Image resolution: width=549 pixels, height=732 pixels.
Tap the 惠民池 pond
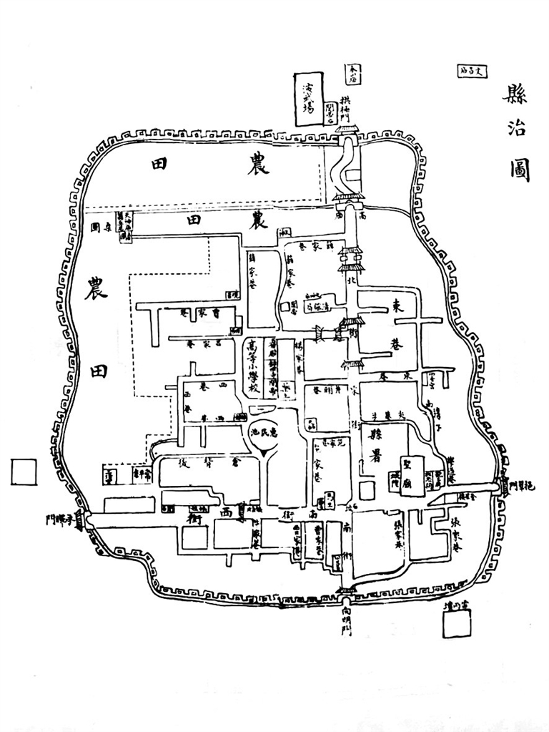pos(264,434)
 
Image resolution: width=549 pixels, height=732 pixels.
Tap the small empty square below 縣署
pos(366,490)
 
